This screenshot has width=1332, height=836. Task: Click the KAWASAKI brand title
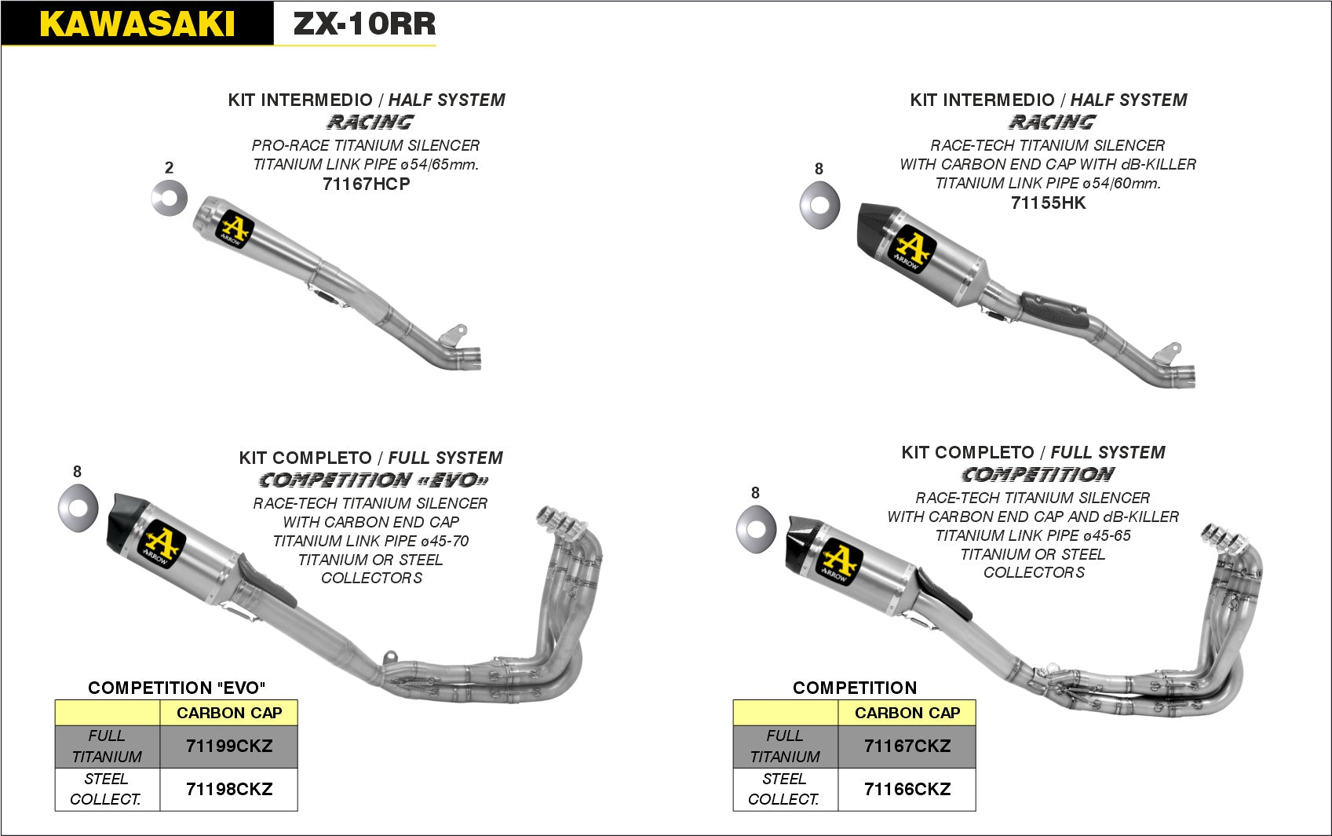(137, 24)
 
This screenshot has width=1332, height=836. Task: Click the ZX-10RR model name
(364, 24)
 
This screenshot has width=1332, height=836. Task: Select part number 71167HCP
(366, 184)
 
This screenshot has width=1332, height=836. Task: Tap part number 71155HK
(1048, 203)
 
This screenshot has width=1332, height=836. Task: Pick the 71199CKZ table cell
(228, 747)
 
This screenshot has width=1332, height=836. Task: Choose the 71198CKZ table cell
(228, 789)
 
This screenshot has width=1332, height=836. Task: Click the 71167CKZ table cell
(907, 747)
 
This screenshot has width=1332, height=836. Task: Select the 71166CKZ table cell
(907, 789)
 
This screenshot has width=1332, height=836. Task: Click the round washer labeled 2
(170, 199)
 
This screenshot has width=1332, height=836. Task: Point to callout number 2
(169, 168)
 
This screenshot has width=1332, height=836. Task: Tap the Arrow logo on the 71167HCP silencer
(234, 228)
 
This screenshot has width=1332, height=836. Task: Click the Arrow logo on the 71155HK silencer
(911, 249)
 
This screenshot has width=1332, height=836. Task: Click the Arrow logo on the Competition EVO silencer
(161, 544)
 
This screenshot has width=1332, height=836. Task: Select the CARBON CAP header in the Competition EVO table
(228, 713)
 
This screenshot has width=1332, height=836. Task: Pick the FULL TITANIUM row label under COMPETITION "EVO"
(107, 747)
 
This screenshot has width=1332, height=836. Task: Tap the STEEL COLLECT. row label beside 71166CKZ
(784, 789)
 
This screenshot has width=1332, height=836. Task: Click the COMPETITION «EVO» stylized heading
(374, 480)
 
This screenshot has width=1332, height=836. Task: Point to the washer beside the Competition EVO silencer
(78, 506)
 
